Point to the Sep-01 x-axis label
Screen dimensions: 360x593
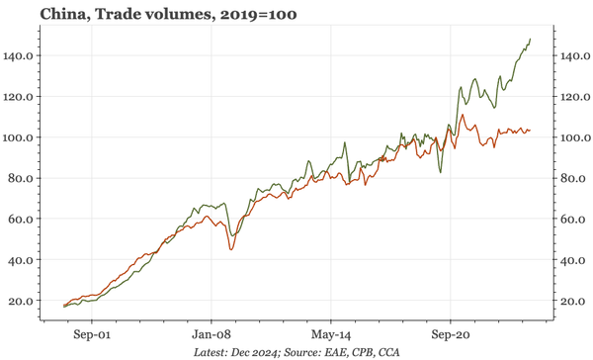tap(91, 334)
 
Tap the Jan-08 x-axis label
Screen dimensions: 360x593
tap(211, 334)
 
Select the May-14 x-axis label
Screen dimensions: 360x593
tap(330, 334)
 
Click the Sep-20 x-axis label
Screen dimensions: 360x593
tap(450, 334)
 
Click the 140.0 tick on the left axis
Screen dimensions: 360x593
tap(21, 56)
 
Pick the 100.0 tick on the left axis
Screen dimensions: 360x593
tap(21, 137)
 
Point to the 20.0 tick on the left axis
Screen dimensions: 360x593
tap(24, 301)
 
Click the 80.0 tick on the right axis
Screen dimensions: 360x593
tap(569, 179)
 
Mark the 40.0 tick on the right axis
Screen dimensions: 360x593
tap(569, 260)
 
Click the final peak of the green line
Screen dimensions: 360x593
tap(531, 40)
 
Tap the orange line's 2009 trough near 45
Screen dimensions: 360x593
tap(231, 249)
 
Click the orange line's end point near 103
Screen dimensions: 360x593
tap(531, 131)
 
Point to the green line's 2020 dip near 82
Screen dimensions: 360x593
tap(441, 173)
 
